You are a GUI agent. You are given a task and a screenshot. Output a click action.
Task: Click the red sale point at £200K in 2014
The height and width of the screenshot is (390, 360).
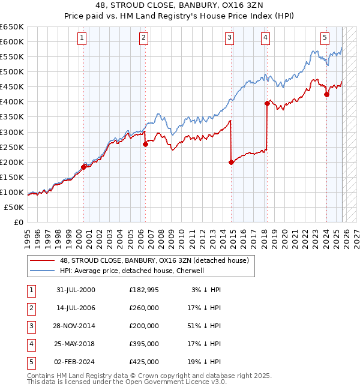coord(231,162)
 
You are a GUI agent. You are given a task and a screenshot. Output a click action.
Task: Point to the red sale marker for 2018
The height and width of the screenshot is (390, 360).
coord(267,103)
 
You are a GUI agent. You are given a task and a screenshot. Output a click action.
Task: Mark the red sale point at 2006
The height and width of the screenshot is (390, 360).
coord(145,144)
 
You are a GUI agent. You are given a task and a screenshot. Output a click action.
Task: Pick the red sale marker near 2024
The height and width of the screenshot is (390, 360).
coord(326,94)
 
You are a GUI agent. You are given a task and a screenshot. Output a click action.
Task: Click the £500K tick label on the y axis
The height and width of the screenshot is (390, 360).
coord(12,72)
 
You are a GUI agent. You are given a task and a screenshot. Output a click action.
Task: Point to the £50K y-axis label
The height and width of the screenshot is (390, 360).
coord(14,207)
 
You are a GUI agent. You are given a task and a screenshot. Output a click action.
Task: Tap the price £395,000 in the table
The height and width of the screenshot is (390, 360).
coord(144,344)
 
